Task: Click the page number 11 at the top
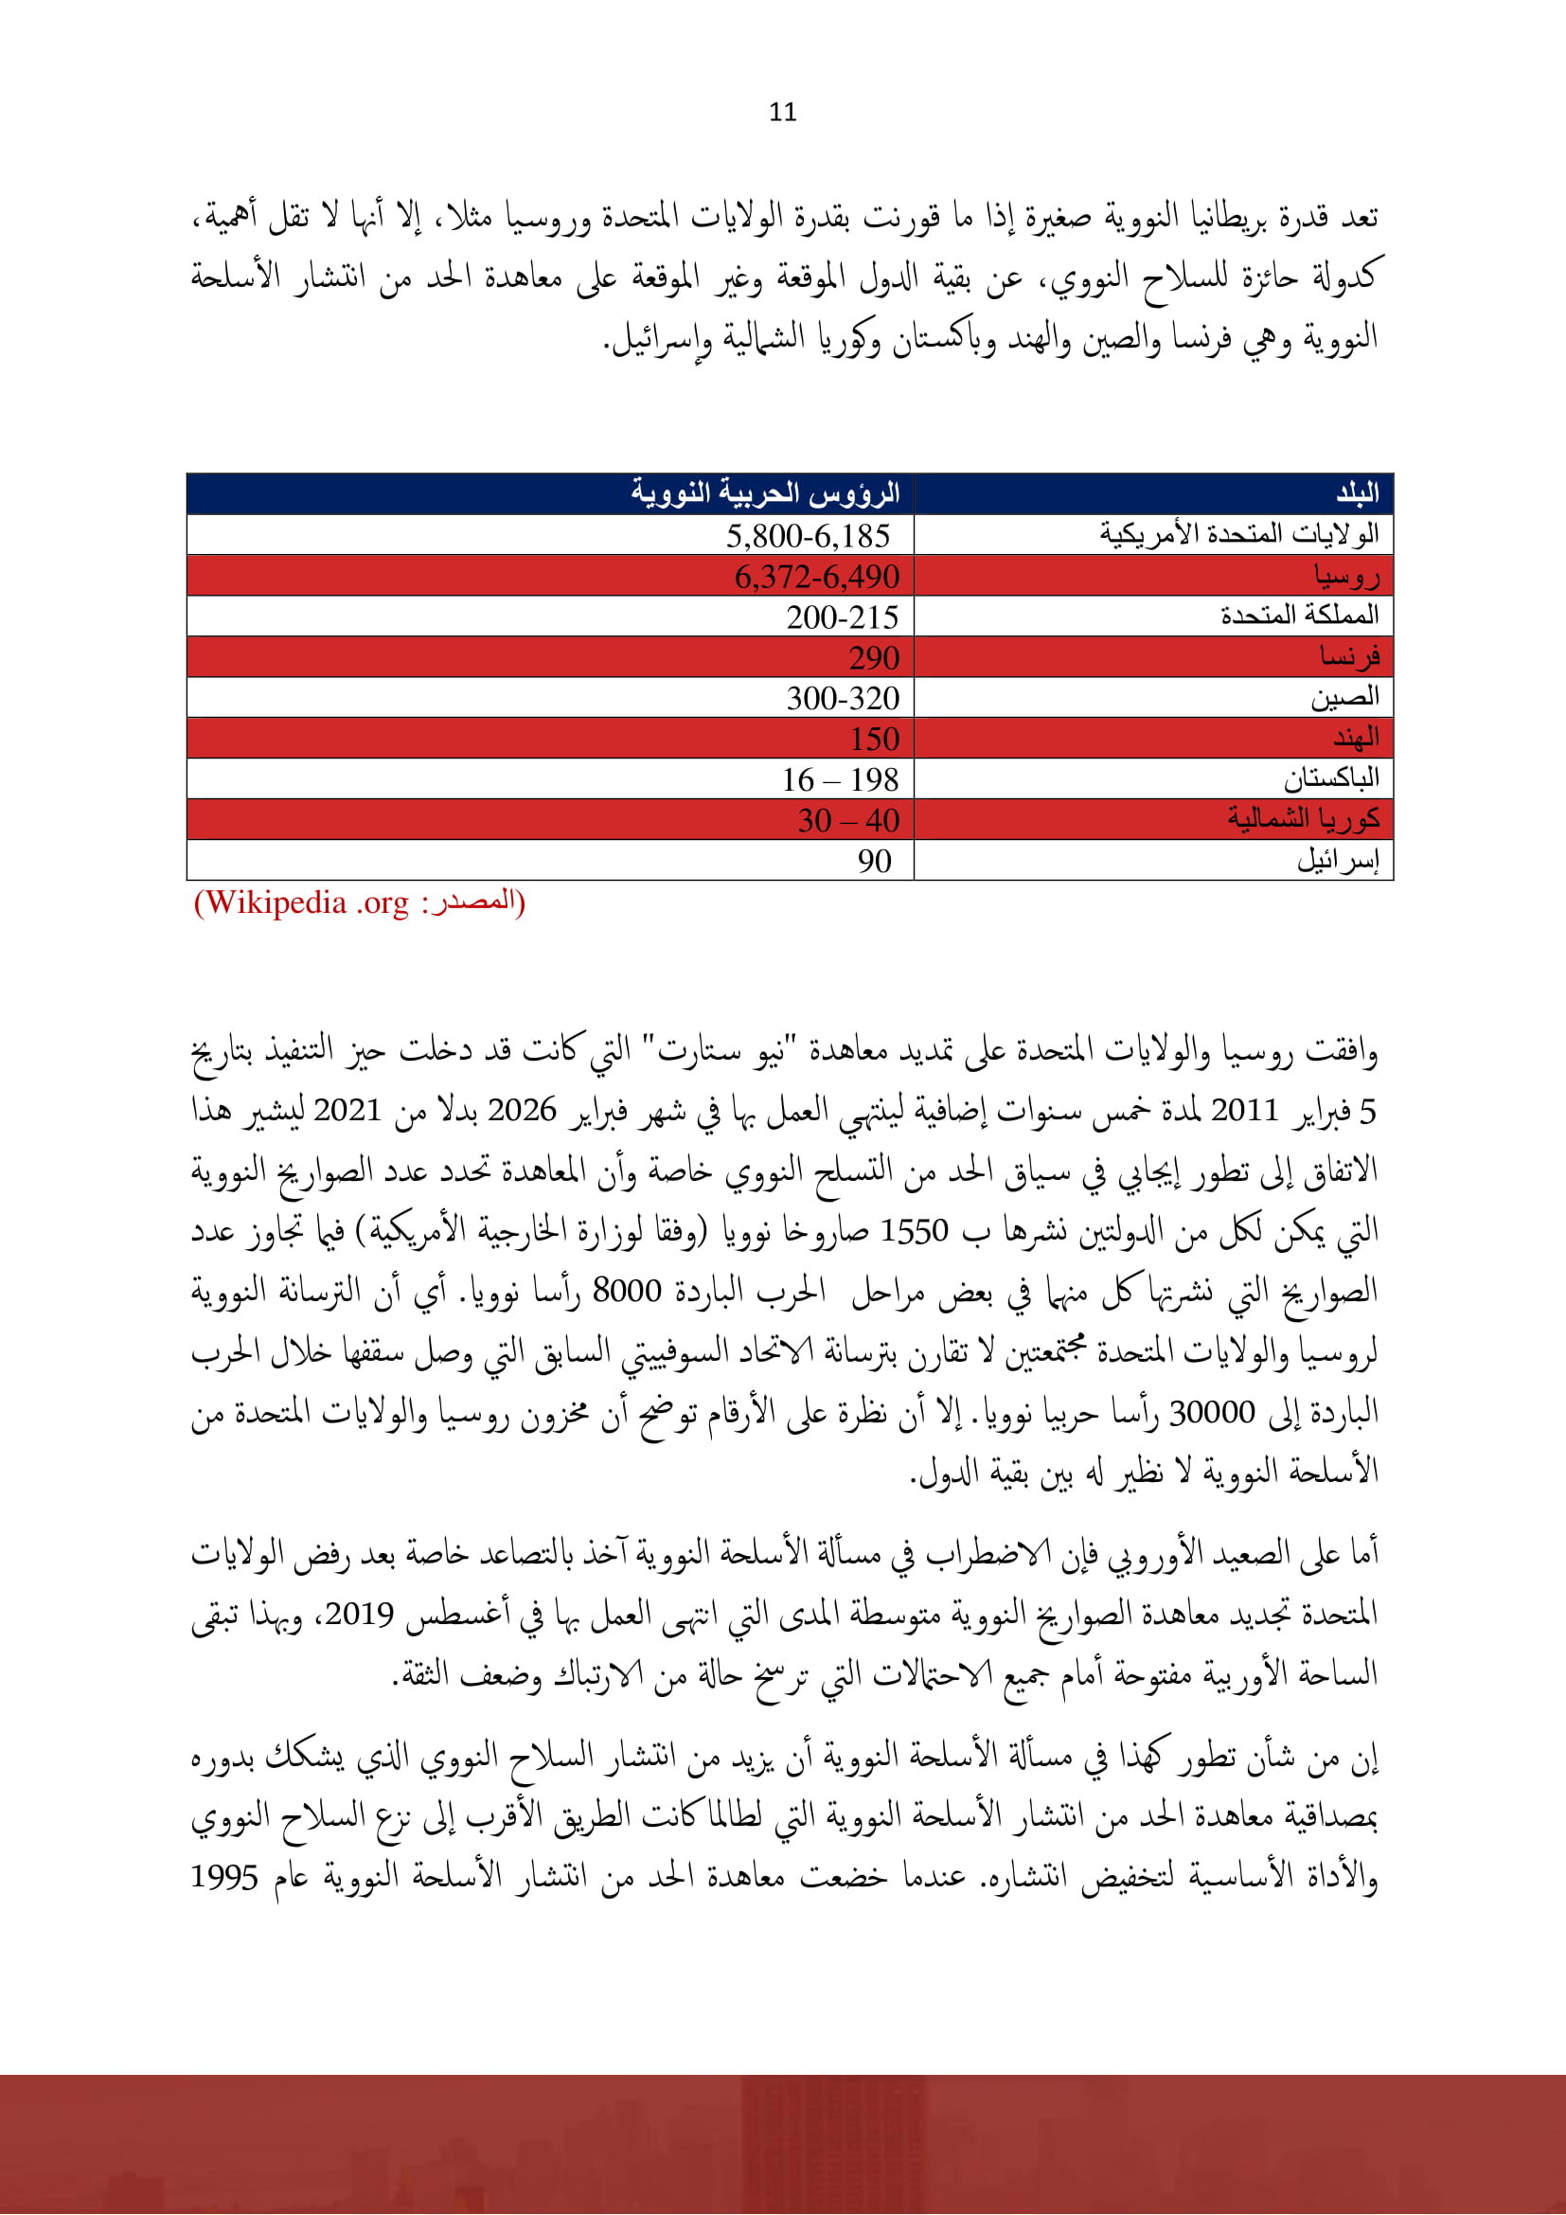tap(783, 112)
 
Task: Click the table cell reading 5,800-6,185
tap(807, 535)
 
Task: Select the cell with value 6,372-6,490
tap(816, 577)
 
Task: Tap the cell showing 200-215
tap(841, 617)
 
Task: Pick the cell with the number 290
tap(873, 658)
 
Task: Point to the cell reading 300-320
tap(842, 699)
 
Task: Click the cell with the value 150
tap(874, 739)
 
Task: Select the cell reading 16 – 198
tap(839, 779)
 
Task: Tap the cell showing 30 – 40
tap(847, 820)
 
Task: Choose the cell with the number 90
tap(874, 861)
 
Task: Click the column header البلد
tap(1357, 494)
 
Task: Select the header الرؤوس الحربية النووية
tap(765, 493)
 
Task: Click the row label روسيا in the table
tap(1346, 577)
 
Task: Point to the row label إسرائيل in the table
tap(1338, 860)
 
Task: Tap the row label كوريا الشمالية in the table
tap(1303, 819)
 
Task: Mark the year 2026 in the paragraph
tap(521, 1111)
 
